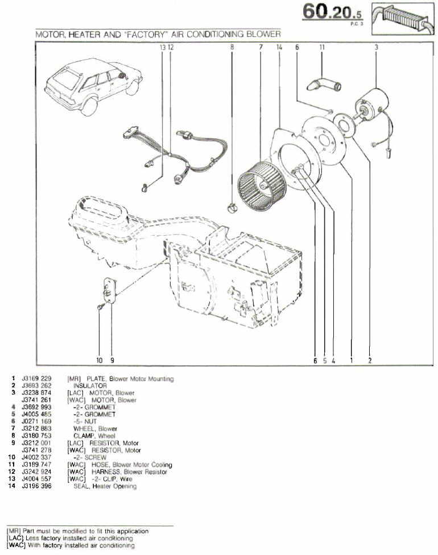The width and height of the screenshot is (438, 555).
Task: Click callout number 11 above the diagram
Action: pyautogui.click(x=322, y=48)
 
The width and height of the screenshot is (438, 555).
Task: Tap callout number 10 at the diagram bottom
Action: pyautogui.click(x=99, y=360)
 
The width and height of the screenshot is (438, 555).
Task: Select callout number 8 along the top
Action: pyautogui.click(x=232, y=48)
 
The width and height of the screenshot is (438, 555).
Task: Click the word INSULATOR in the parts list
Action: pyautogui.click(x=90, y=386)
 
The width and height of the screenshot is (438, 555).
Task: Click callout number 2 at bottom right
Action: pyautogui.click(x=370, y=360)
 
